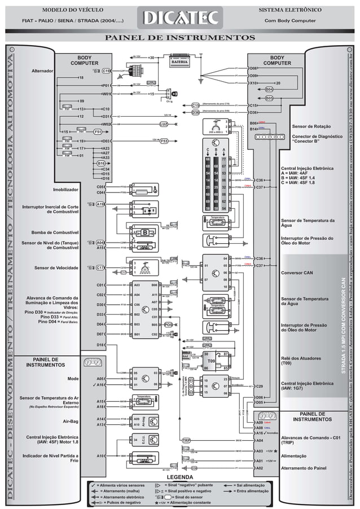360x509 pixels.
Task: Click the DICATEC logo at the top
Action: coord(180,19)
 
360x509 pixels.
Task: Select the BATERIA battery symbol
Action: coord(184,62)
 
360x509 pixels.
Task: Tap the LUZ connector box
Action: coord(164,124)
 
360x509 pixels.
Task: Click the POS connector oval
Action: coord(168,325)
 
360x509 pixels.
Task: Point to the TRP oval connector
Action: coord(186,440)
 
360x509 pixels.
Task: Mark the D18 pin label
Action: coord(100,344)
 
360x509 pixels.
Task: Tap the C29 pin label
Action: coord(260,387)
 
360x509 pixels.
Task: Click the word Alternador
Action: coord(42,71)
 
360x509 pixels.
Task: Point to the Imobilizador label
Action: coord(65,189)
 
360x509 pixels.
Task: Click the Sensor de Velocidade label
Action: coord(56,267)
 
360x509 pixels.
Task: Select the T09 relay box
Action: coord(211,361)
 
